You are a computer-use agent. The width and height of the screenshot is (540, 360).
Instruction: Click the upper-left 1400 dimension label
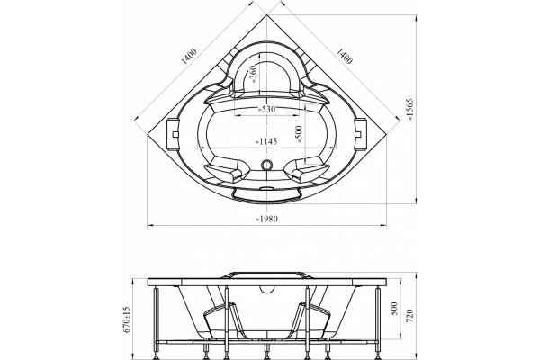pyautogui.click(x=189, y=57)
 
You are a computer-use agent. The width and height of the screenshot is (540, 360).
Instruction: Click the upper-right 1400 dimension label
pyautogui.click(x=344, y=56)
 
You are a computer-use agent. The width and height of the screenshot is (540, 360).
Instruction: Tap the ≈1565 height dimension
pyautogui.click(x=410, y=110)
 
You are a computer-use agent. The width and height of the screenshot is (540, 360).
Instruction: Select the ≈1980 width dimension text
pyautogui.click(x=267, y=219)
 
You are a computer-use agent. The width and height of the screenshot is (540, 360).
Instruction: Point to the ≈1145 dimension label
pyautogui.click(x=265, y=141)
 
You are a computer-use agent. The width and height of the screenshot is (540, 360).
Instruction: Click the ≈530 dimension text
pyautogui.click(x=267, y=110)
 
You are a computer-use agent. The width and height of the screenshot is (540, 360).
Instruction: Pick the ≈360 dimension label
pyautogui.click(x=253, y=74)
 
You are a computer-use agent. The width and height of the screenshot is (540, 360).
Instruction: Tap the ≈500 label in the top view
pyautogui.click(x=299, y=134)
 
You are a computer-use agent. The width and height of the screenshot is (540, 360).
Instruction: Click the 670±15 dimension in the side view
pyautogui.click(x=127, y=319)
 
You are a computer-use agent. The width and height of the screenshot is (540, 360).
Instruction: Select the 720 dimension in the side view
pyautogui.click(x=409, y=316)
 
